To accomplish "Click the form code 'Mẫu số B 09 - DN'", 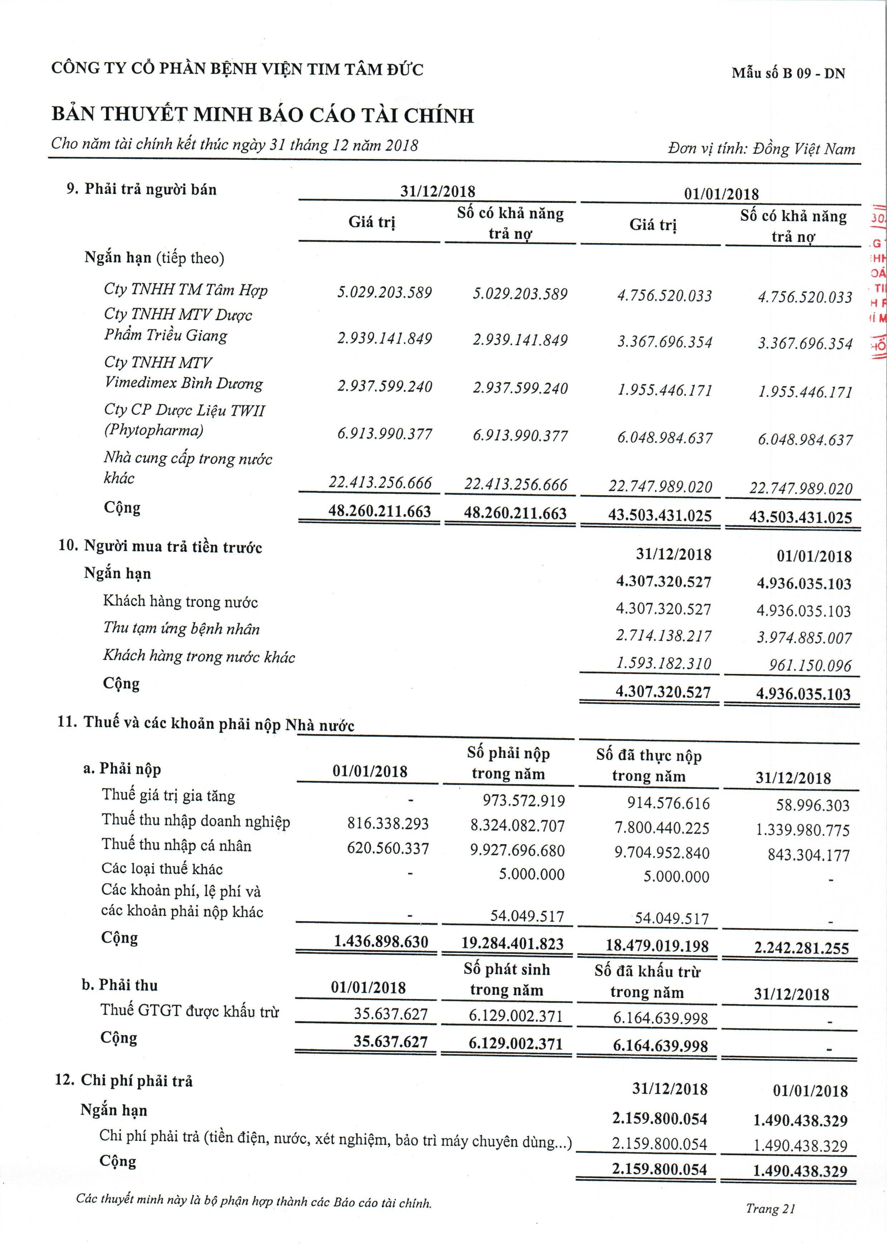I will tap(788, 73).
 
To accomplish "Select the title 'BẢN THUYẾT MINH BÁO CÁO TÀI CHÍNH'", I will tap(262, 115).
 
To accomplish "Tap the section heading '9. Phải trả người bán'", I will tap(141, 190).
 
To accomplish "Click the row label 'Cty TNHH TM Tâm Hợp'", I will tap(185, 290).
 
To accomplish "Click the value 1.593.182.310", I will tap(663, 663).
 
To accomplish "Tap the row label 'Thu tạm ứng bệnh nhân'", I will tap(181, 628).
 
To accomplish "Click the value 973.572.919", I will tap(523, 801).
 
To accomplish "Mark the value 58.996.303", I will tap(813, 805).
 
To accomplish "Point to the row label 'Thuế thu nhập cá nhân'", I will tap(176, 845).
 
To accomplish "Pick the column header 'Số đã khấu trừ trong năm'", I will tap(647, 982).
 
